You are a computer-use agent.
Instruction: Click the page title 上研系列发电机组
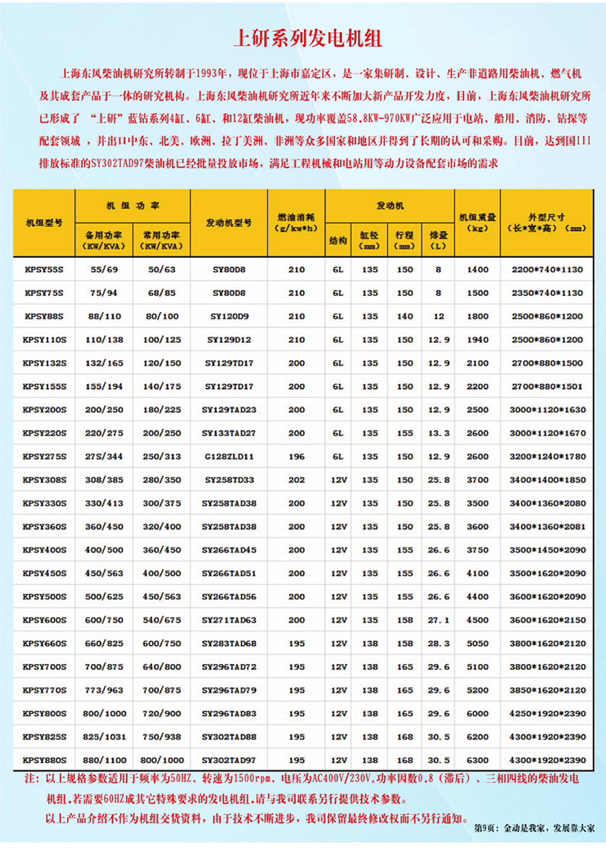pyautogui.click(x=308, y=38)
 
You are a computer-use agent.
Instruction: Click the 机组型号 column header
pyautogui.click(x=44, y=222)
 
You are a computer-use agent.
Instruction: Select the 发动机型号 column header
pyautogui.click(x=229, y=222)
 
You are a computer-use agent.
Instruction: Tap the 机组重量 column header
pyautogui.click(x=478, y=222)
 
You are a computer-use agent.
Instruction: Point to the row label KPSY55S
pyautogui.click(x=44, y=269)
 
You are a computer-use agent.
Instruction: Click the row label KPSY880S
pyautogui.click(x=44, y=760)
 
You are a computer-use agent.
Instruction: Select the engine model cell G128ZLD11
pyautogui.click(x=229, y=457)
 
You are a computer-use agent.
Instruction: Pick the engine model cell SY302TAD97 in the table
pyautogui.click(x=229, y=760)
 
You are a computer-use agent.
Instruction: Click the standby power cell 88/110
pyautogui.click(x=104, y=316)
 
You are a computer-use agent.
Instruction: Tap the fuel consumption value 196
pyautogui.click(x=296, y=457)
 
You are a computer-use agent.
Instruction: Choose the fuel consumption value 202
pyautogui.click(x=296, y=480)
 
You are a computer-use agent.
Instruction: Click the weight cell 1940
pyautogui.click(x=478, y=340)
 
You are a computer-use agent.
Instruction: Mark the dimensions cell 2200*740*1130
pyautogui.click(x=547, y=269)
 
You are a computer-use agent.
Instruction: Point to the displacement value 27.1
pyautogui.click(x=439, y=620)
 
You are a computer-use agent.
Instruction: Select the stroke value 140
pyautogui.click(x=405, y=316)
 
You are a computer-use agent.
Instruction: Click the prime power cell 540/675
pyautogui.click(x=162, y=620)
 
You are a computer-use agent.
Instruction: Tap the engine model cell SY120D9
pyautogui.click(x=229, y=316)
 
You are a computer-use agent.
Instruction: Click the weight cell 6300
pyautogui.click(x=478, y=760)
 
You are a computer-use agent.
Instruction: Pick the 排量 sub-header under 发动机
pyautogui.click(x=439, y=240)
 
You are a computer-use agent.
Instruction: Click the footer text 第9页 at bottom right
pyautogui.click(x=485, y=828)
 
